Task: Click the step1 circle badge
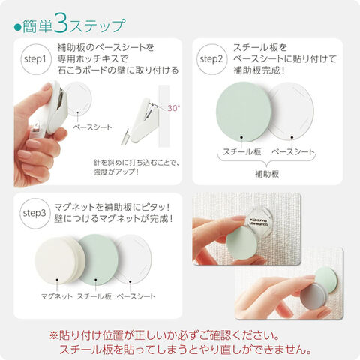[35, 59]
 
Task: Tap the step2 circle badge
[211, 59]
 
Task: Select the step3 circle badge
[34, 214]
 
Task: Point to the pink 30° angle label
[173, 108]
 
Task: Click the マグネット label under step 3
[57, 296]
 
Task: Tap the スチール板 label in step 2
[242, 151]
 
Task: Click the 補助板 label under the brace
[267, 174]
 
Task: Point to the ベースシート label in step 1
[93, 127]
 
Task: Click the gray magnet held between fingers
[313, 297]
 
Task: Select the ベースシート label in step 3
[136, 296]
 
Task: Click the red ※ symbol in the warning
[53, 335]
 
